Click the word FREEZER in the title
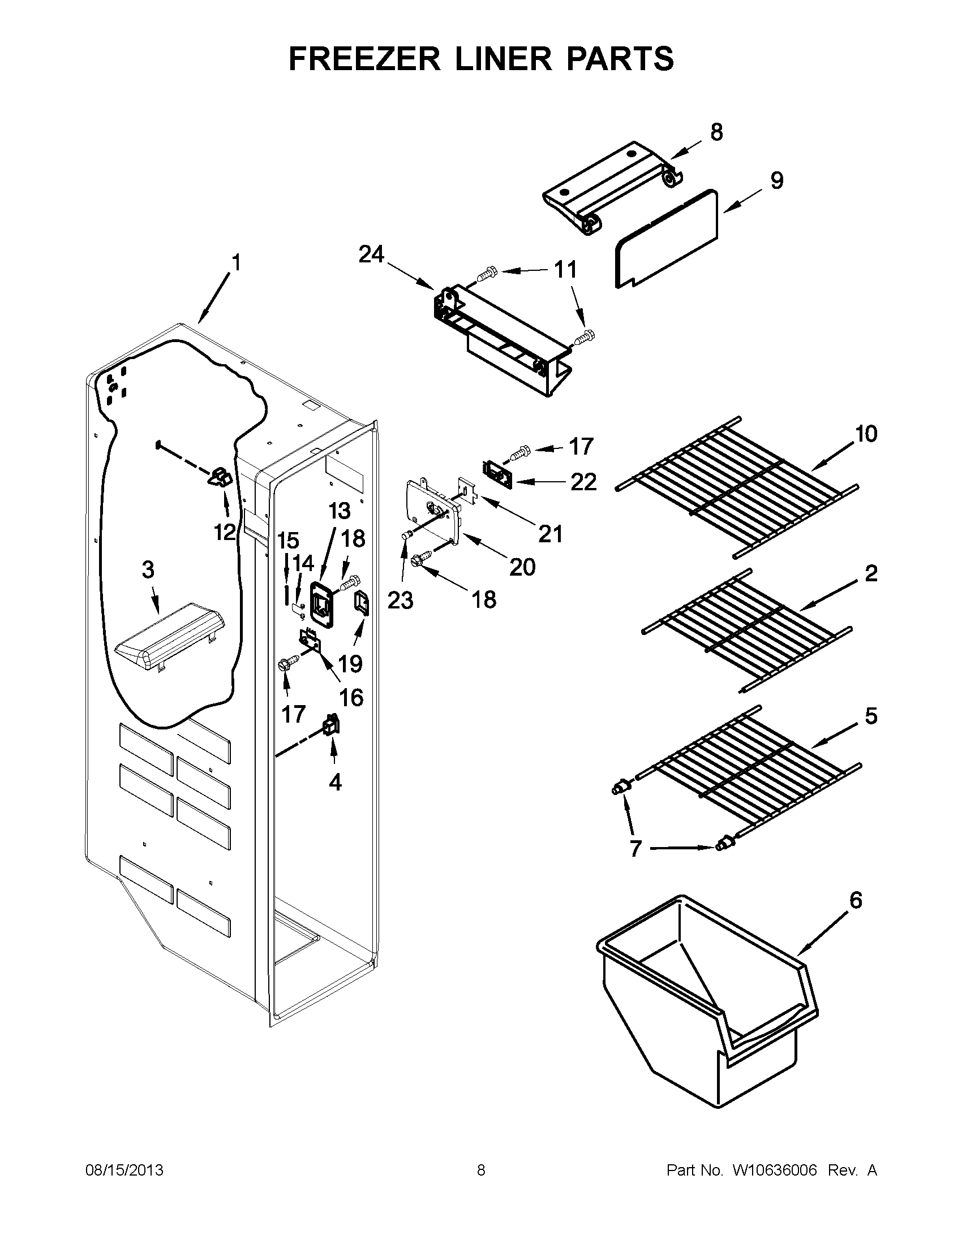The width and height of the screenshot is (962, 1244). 365,59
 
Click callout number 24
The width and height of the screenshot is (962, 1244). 371,254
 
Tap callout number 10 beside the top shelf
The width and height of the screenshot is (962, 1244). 866,434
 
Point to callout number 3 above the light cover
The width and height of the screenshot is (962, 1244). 148,569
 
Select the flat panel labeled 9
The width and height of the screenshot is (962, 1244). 667,239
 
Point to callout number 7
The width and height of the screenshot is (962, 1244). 635,865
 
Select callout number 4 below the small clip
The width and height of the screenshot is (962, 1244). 335,782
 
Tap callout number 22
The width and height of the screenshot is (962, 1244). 583,482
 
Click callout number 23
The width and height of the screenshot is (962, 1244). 400,600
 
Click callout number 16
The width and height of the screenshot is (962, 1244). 351,697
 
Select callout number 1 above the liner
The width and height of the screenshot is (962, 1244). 236,262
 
